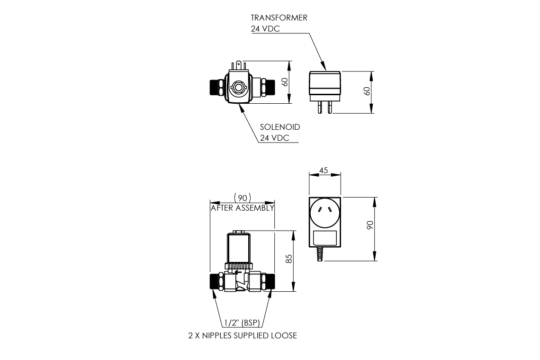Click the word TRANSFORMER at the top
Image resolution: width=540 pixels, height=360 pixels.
(x=279, y=18)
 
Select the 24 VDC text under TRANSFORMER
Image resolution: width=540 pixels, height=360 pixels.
(x=265, y=28)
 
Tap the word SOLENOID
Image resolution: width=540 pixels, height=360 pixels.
(x=280, y=127)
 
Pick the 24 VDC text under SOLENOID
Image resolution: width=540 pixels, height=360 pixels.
(x=275, y=138)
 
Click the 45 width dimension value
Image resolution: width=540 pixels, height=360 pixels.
(x=324, y=170)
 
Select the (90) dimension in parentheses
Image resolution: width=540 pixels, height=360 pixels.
(x=243, y=198)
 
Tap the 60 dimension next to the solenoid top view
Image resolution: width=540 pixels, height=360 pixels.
(x=284, y=81)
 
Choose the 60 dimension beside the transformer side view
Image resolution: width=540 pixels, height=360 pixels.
(x=366, y=91)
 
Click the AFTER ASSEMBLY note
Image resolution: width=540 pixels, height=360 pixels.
(x=243, y=208)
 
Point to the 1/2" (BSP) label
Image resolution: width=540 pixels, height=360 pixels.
(x=243, y=323)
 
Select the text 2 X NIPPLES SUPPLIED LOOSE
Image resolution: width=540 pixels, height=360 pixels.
(x=243, y=336)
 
